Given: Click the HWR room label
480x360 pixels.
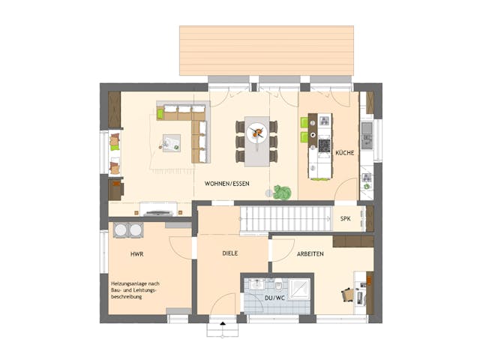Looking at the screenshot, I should coord(137,254).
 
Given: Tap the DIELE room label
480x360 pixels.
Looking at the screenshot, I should coord(229,253).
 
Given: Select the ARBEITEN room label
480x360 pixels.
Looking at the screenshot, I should coord(309,254).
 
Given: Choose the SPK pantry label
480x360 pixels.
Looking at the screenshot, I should coord(346,219).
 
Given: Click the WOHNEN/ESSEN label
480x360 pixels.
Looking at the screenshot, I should coord(227,183).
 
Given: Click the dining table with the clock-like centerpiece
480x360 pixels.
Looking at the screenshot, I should coord(256,140).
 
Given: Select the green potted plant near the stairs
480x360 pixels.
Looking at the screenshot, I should coord(282,192).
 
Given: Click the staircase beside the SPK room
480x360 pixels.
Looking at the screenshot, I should coord(285,219).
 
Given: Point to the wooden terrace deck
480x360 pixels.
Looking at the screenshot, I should coord(266,50).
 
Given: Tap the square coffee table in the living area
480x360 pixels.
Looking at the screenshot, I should coord(172,142).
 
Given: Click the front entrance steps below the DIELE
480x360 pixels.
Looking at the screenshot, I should coord(222,328).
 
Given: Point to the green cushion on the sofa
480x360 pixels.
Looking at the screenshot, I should coord(160,114).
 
